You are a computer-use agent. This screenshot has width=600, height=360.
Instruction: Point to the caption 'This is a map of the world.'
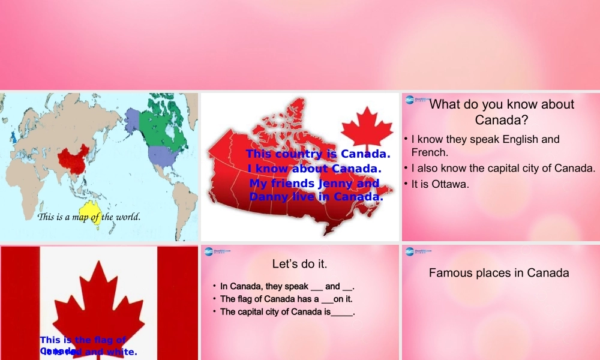click(x=89, y=217)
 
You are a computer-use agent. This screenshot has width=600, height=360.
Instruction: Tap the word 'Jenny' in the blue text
click(x=335, y=183)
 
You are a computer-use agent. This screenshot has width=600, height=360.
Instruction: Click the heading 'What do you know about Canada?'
click(x=502, y=112)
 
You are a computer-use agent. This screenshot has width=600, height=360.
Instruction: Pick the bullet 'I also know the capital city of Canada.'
click(x=503, y=168)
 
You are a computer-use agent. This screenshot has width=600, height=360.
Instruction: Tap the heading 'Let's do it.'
click(x=299, y=263)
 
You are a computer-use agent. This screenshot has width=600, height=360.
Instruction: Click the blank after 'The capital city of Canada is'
click(x=342, y=312)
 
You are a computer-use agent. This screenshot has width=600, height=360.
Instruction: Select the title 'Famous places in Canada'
click(x=499, y=273)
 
